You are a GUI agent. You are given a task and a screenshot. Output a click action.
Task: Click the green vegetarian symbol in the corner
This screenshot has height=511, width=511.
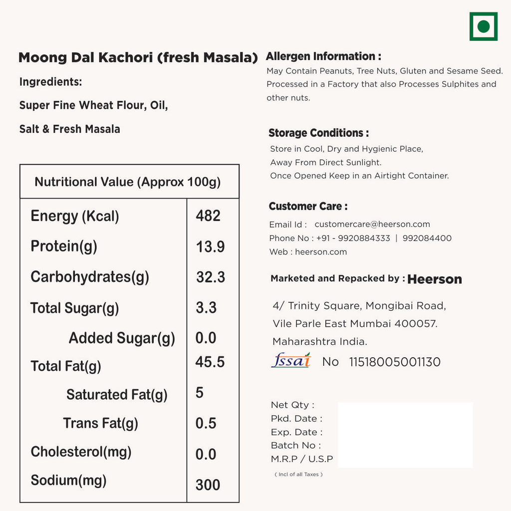point(483,26)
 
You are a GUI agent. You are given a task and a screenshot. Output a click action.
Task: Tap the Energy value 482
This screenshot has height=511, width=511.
point(208,216)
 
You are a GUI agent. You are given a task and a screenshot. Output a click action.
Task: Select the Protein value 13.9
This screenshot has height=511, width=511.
point(210,247)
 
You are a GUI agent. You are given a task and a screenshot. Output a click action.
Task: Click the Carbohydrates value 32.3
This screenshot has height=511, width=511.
point(210,277)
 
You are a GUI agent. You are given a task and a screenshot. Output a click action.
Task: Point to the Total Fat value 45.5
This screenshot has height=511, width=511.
point(210,362)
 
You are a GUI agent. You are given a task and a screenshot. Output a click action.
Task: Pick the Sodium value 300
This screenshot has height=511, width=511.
point(208,485)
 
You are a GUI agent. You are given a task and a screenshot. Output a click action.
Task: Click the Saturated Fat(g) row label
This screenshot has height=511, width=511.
point(117,395)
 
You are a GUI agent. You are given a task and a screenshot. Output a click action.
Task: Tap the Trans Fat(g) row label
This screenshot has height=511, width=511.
point(100,423)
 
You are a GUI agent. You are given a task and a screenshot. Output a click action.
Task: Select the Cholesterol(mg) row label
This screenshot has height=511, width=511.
point(81,452)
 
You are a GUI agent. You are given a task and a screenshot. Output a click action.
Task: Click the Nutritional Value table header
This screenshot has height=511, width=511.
point(128,182)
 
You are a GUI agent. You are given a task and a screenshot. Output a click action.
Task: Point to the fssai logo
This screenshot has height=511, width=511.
point(291,360)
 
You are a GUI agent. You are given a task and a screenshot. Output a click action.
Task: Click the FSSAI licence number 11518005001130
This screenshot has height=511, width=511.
point(395,362)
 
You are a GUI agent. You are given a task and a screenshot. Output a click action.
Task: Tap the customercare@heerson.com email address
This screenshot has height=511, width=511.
point(372,225)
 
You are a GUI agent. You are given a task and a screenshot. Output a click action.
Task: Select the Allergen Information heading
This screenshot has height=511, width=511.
point(323,56)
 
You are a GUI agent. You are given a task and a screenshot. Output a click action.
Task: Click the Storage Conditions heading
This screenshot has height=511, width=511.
point(319,133)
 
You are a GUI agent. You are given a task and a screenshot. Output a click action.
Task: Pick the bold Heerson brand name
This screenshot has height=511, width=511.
point(435,279)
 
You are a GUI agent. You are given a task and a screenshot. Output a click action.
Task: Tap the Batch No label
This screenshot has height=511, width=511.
point(296,445)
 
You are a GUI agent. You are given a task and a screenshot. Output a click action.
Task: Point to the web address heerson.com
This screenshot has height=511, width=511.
point(321,252)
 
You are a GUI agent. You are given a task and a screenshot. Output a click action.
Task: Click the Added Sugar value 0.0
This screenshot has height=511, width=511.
point(206,338)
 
